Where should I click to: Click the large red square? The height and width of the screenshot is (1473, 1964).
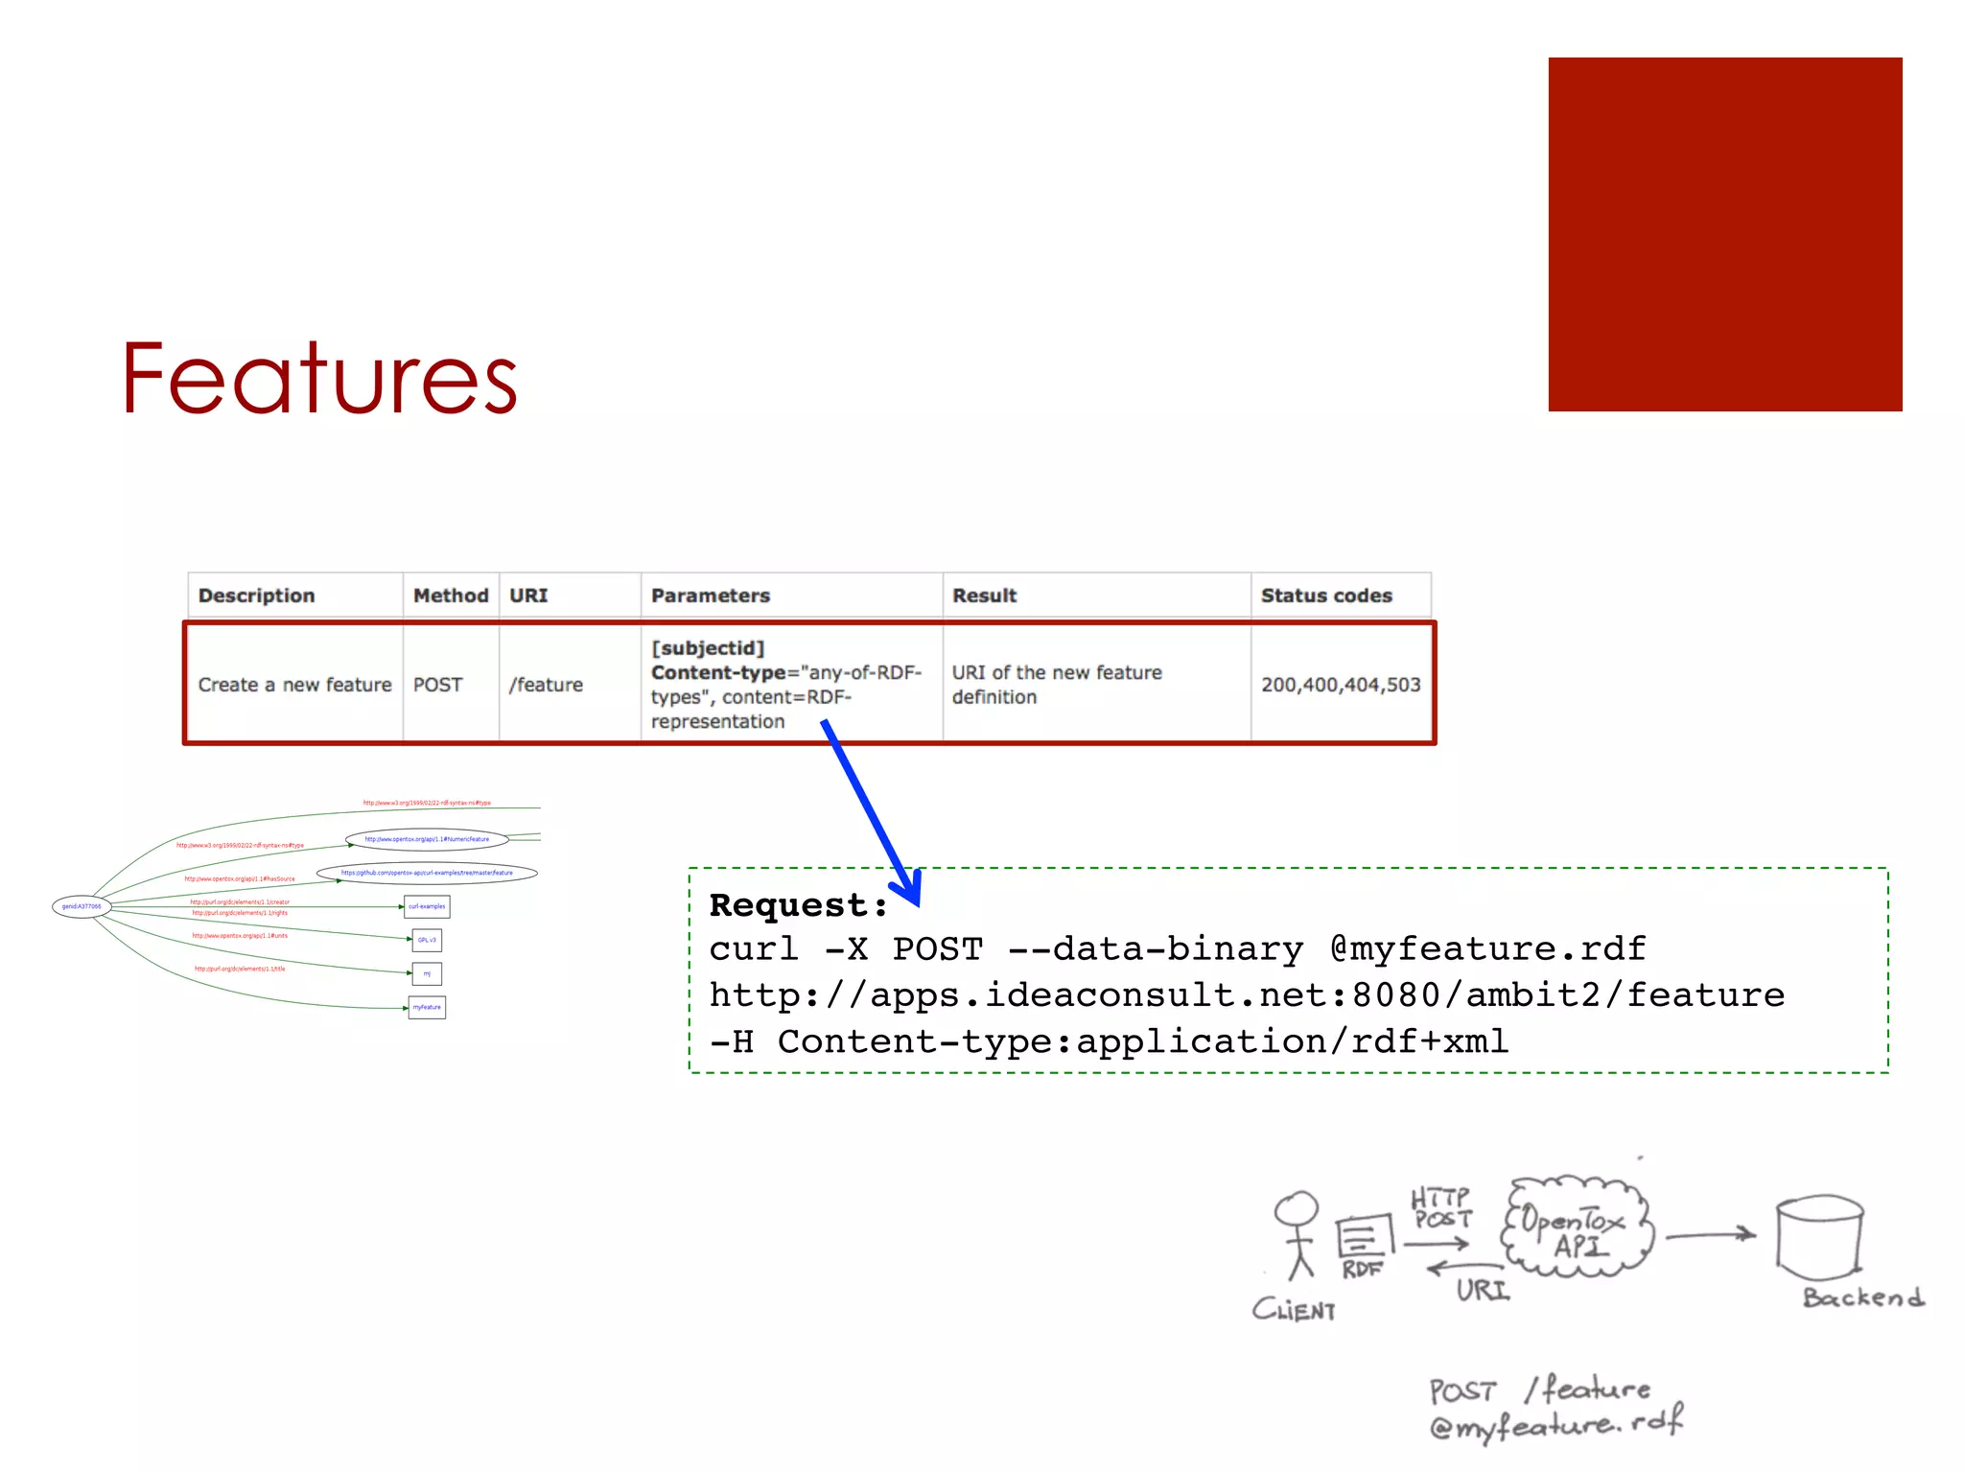pyautogui.click(x=1724, y=235)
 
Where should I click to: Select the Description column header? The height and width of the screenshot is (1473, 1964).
pyautogui.click(x=256, y=596)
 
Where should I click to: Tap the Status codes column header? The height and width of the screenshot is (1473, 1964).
pyautogui.click(x=1326, y=596)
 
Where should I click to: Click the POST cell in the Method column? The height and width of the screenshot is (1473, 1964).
pyautogui.click(x=437, y=685)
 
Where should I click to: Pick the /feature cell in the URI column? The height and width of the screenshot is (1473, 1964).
pyautogui.click(x=546, y=685)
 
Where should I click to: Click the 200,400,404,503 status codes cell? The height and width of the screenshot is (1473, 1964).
pyautogui.click(x=1341, y=685)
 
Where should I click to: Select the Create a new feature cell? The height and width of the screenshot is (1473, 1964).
pyautogui.click(x=294, y=685)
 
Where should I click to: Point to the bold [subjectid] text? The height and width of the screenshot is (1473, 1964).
pyautogui.click(x=708, y=648)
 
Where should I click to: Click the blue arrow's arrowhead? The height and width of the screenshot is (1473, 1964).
pyautogui.click(x=908, y=888)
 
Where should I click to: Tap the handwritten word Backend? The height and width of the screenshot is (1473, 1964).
pyautogui.click(x=1862, y=1298)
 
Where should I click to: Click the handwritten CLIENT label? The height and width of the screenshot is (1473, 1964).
pyautogui.click(x=1294, y=1310)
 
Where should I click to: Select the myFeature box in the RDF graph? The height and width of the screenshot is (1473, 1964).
pyautogui.click(x=427, y=1007)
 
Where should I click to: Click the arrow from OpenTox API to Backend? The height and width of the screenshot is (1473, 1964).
pyautogui.click(x=1711, y=1236)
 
